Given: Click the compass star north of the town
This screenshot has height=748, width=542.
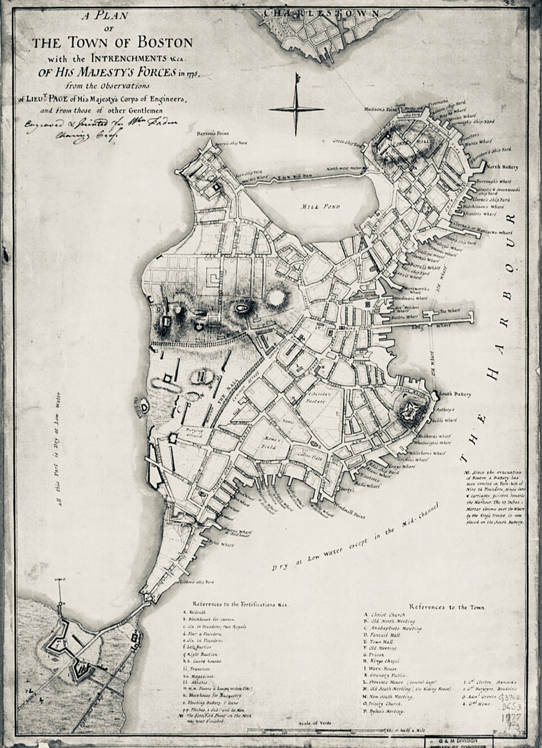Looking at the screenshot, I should (x=296, y=109).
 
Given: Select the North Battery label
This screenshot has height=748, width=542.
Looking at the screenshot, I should (x=503, y=167).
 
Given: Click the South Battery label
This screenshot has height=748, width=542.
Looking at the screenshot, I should (x=455, y=394).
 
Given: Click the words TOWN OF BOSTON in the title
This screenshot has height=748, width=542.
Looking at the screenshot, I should (x=112, y=43).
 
